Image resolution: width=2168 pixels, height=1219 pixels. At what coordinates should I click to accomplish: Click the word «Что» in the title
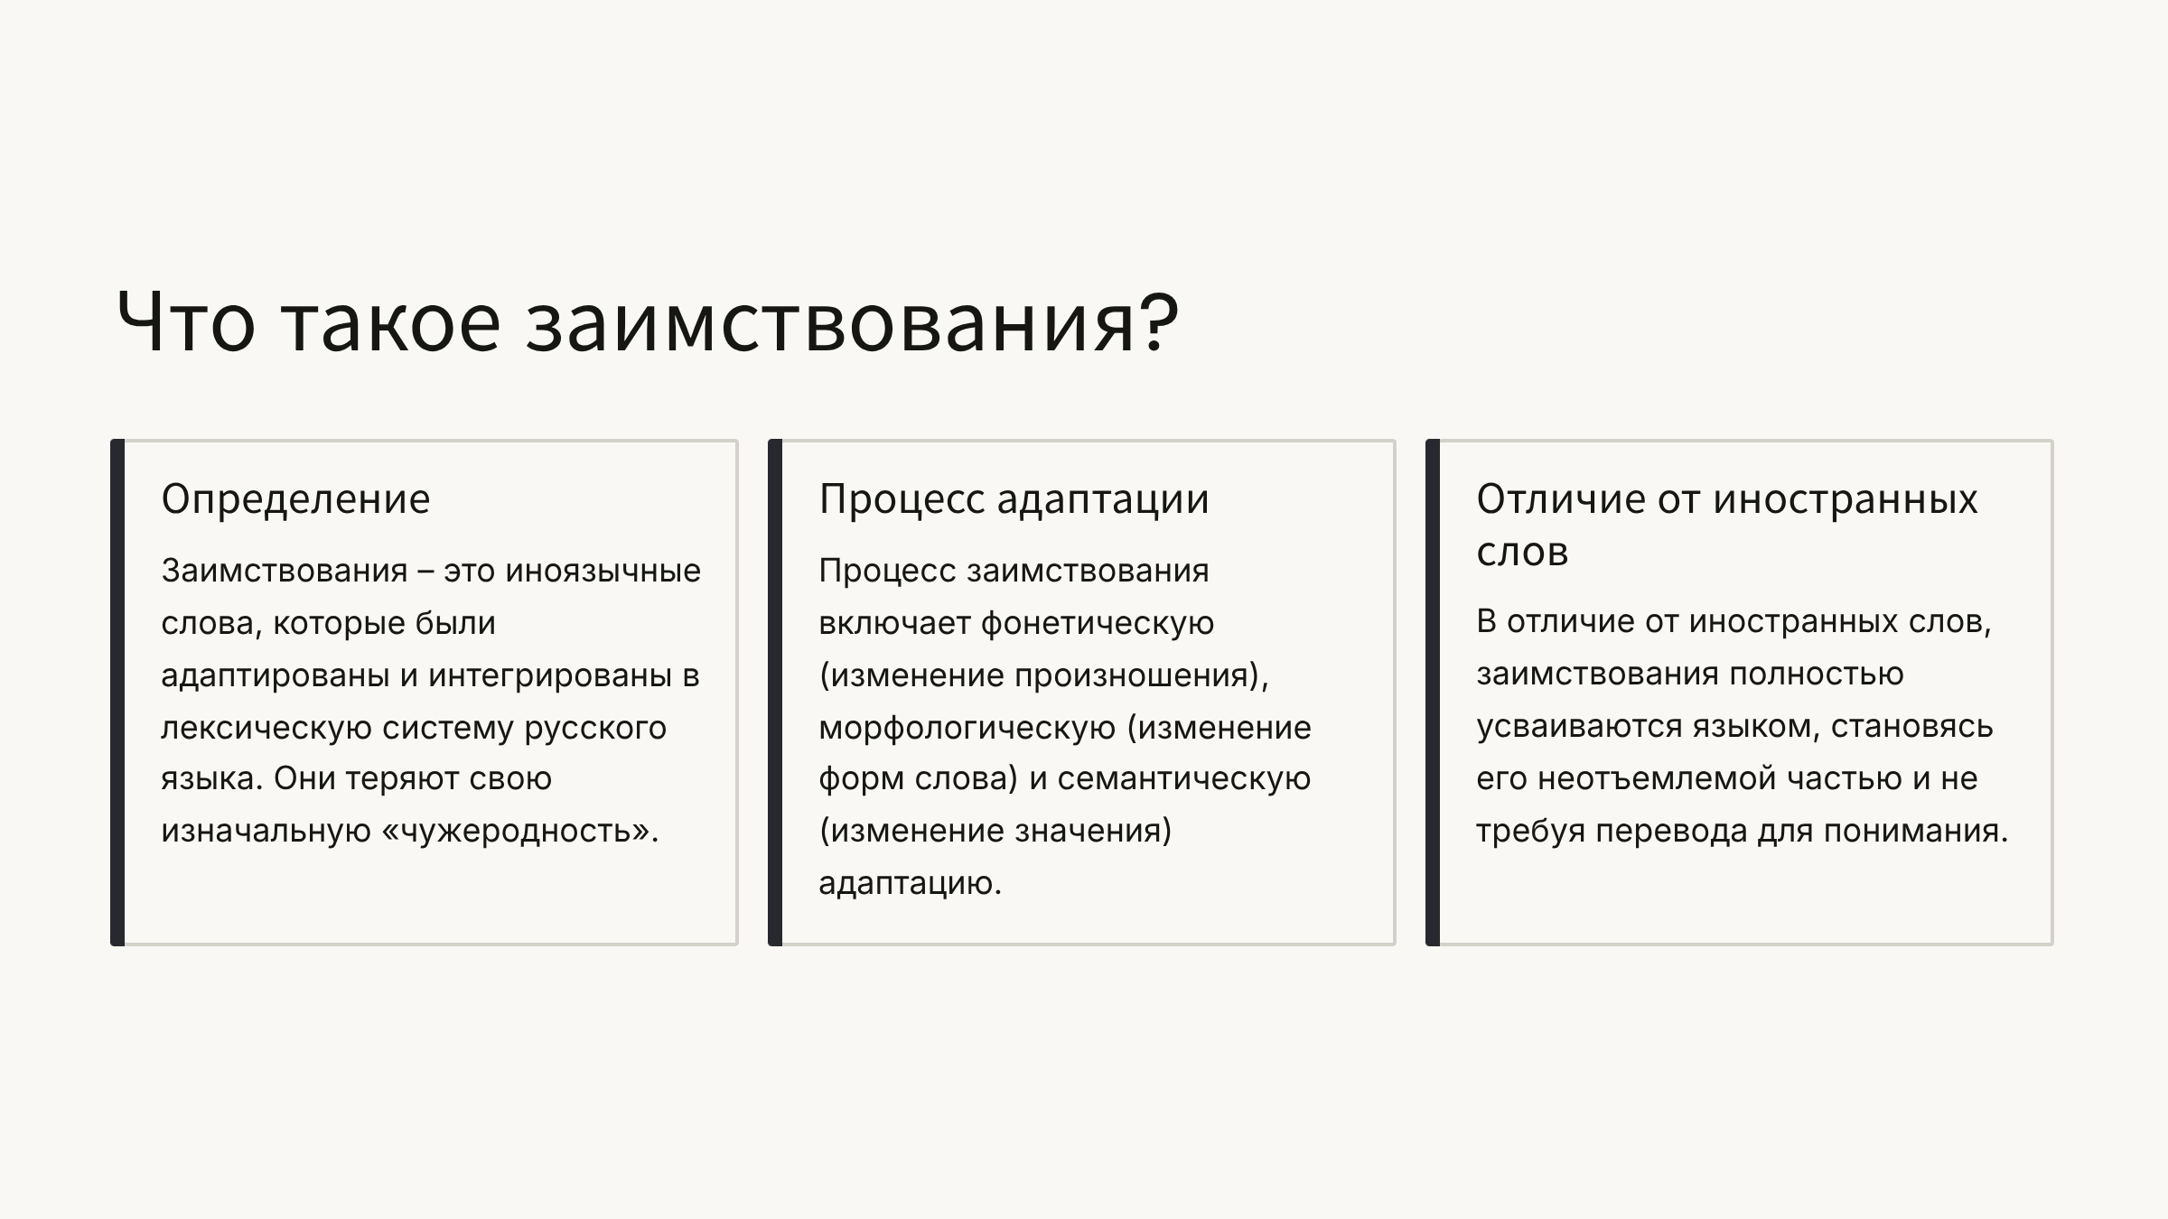tap(186, 321)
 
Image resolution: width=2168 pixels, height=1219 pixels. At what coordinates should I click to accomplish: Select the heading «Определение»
tap(295, 499)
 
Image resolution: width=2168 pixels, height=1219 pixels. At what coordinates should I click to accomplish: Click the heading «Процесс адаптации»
tap(1014, 499)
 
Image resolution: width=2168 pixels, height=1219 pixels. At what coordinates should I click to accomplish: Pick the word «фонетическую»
tap(1098, 623)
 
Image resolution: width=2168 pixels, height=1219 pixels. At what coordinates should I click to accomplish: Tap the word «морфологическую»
tap(967, 728)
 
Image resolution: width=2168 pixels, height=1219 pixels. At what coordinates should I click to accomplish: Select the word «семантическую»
tap(1184, 778)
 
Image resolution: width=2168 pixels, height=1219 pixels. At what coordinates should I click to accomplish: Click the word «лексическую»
tap(266, 728)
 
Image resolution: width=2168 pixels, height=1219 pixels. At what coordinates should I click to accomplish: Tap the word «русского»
tap(595, 728)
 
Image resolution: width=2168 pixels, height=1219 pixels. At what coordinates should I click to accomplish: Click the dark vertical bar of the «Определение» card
tap(117, 693)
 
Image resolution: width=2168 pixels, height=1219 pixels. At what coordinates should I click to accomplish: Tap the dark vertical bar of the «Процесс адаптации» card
tap(775, 693)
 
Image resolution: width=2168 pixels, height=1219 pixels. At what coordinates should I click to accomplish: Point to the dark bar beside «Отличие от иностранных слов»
tap(1433, 693)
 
